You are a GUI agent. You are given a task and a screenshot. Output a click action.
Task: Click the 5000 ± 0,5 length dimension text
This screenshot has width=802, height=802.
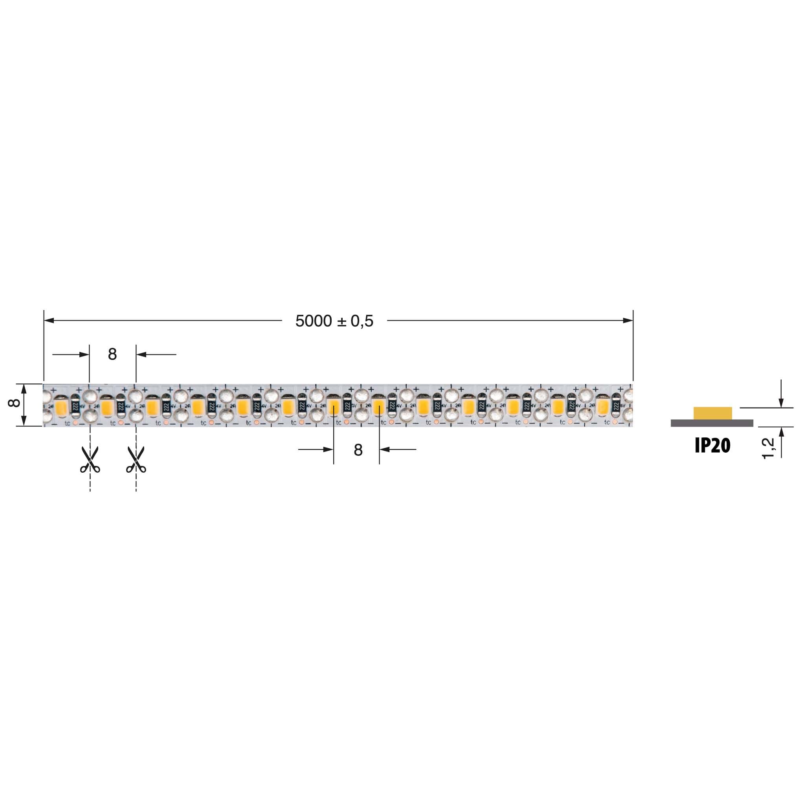coord(334,321)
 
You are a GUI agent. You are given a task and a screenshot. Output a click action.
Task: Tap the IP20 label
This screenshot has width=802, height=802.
coord(712,446)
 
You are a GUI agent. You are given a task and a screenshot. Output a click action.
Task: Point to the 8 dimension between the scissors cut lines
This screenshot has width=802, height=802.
coord(112,354)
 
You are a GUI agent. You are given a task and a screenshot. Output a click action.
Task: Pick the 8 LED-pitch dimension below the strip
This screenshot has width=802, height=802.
coord(358,450)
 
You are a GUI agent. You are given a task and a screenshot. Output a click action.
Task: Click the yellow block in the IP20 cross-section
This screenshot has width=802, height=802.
coord(712,413)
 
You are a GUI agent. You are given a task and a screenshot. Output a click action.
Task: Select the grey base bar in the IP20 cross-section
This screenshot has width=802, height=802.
coord(712,423)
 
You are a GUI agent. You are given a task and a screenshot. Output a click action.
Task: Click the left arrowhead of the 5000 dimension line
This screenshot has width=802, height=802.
coord(49,321)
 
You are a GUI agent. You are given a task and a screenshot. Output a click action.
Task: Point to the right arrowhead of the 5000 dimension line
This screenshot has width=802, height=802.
coord(628,321)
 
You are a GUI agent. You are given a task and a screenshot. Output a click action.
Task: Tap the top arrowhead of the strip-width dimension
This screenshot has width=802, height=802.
coord(24,388)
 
